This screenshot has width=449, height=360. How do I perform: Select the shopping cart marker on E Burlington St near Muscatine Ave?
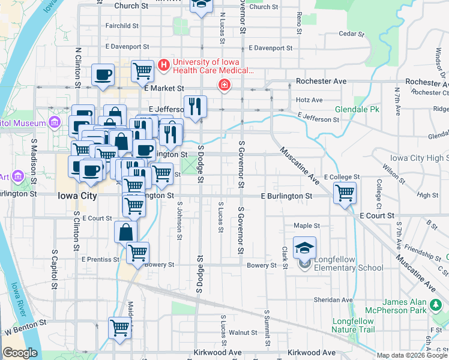345,193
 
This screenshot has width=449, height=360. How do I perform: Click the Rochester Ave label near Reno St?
322,81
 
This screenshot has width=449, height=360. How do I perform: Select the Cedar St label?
348,34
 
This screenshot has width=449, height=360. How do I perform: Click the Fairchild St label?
122,26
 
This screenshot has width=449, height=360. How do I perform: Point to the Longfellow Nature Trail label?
354,325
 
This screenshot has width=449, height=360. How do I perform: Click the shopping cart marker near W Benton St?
119,328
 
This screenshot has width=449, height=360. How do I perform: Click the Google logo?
20,353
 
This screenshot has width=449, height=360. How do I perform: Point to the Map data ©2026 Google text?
412,355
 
